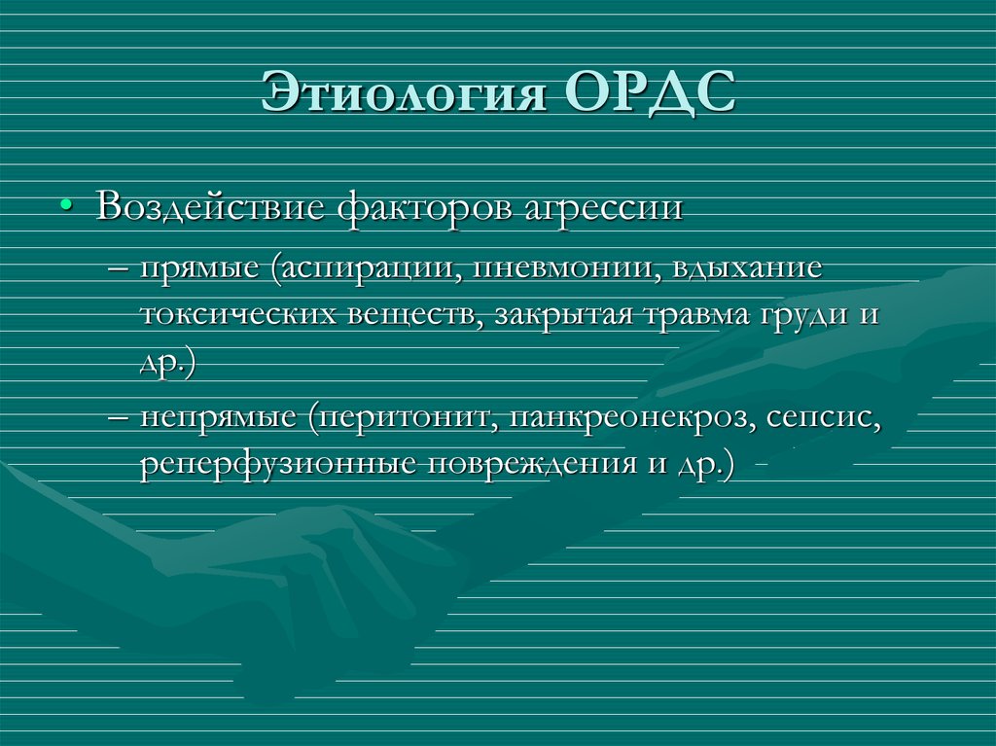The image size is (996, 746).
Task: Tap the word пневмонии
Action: (563, 267)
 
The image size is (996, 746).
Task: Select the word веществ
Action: (403, 316)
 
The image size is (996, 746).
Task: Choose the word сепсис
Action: (823, 419)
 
